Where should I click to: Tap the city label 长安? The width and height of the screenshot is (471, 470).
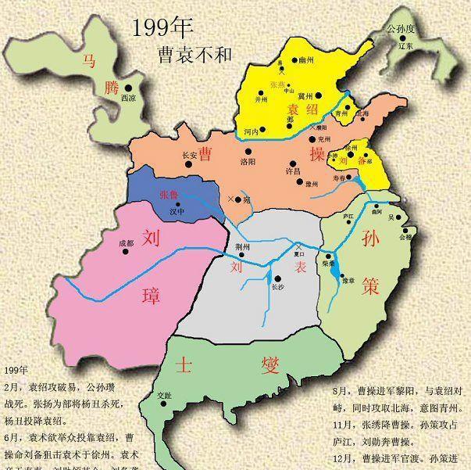coord(189,155)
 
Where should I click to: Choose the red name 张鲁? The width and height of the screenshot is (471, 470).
coord(169,194)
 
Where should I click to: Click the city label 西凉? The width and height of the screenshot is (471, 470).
coord(128,99)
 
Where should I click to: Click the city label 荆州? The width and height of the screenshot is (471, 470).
coord(243,246)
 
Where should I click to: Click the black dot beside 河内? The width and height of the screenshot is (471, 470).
coord(264,129)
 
